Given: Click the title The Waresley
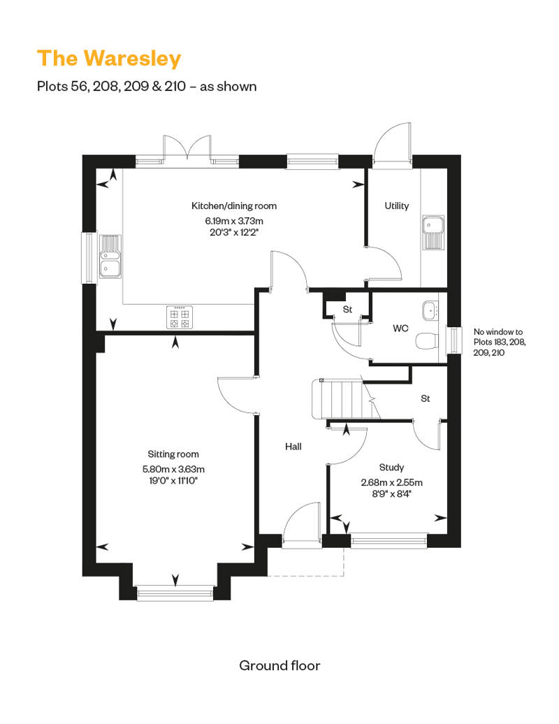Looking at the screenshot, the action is point(109,59).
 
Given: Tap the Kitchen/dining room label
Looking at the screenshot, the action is point(234,206).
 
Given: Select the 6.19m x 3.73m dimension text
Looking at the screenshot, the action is point(234,221).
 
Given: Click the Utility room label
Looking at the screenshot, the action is point(396,206).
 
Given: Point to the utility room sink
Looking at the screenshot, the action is point(433,232).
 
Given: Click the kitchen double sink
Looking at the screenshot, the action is point(110,256).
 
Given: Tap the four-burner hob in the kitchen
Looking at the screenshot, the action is point(180,317).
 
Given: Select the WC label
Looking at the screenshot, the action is point(400,328).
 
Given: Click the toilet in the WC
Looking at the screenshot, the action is point(426,341).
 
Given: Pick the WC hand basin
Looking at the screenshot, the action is point(430,310).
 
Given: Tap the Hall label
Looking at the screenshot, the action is point(293,447).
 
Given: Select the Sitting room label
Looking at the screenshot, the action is point(173,454).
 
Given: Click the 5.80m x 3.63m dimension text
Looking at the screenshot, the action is point(173,469).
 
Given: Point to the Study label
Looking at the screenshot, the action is point(391,468).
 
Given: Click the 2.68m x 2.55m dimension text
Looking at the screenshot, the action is point(391,482).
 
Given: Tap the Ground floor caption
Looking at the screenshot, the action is point(279,665).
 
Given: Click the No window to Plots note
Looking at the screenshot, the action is point(499,342).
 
